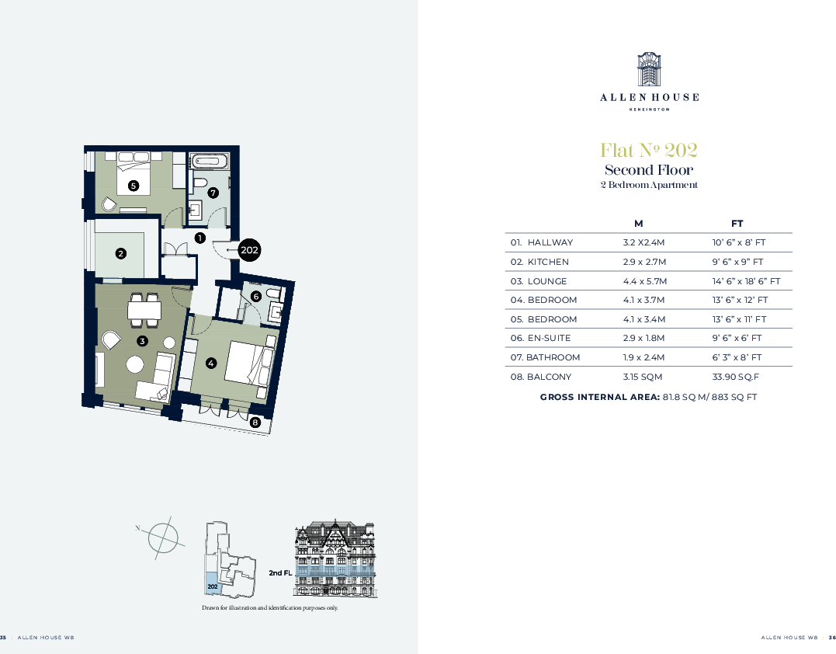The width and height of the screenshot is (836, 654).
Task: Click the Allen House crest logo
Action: (648, 71)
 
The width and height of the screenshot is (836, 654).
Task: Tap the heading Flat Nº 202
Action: (648, 150)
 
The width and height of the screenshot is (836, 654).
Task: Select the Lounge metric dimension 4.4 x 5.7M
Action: (644, 281)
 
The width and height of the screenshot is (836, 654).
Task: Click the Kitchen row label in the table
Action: (540, 262)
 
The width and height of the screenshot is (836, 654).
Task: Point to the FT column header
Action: (737, 223)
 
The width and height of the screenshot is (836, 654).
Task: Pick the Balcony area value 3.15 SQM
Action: (640, 377)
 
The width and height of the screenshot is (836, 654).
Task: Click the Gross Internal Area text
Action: (648, 397)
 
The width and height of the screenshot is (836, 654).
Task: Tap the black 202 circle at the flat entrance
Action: (249, 250)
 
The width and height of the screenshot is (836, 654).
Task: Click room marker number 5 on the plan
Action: (134, 186)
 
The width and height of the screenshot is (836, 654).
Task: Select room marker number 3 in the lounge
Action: (142, 341)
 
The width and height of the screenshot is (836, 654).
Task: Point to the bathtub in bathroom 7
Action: (210, 162)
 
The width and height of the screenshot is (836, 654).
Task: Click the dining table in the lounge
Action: (144, 311)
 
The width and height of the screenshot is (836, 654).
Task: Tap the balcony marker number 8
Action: (255, 423)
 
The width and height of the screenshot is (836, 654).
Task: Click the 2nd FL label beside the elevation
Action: (279, 572)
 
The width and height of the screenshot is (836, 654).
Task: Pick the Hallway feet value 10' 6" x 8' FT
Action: (739, 242)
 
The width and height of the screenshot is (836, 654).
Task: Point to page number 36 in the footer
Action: (832, 637)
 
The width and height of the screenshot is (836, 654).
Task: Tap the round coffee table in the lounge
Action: (136, 364)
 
